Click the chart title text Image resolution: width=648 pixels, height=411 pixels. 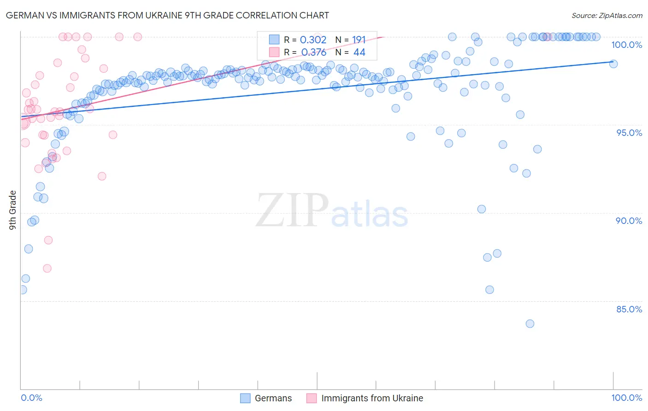(167, 15)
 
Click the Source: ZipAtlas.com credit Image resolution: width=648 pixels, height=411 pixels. (607, 15)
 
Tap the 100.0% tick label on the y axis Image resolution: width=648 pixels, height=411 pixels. (626, 45)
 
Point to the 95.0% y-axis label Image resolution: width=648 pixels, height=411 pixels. (629, 133)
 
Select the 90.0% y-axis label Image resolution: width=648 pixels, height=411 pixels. (629, 221)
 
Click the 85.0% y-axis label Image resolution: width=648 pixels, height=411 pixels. (629, 309)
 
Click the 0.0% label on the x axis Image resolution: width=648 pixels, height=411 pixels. (32, 398)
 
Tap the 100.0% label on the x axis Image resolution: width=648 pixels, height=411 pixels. (626, 398)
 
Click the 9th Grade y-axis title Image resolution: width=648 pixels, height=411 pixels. (13, 210)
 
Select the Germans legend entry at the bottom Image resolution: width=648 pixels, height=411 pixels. (273, 398)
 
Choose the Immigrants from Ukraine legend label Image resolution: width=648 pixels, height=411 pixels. (372, 398)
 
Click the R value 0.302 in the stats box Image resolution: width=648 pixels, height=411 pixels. (313, 40)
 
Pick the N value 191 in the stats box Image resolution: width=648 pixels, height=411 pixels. (359, 40)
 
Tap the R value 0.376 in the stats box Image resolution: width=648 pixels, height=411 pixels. (313, 52)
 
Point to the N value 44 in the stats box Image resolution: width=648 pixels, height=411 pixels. (359, 52)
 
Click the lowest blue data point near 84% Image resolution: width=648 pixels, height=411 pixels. (530, 324)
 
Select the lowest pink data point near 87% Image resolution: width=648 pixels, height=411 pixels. (47, 268)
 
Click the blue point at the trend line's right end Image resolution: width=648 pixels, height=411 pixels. (613, 64)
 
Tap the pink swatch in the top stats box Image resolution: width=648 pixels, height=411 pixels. (274, 52)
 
